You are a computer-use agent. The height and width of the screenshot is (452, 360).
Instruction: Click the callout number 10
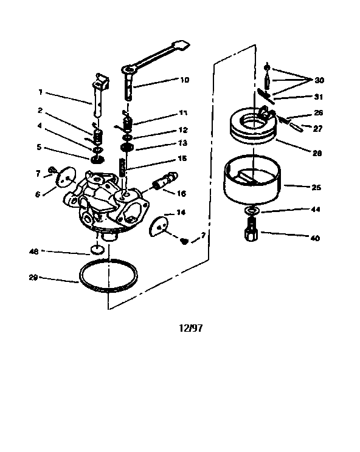[x=184, y=80]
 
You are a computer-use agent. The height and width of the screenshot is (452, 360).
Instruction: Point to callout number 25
[x=316, y=188]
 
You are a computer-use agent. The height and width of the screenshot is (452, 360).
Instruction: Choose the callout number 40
[x=316, y=238]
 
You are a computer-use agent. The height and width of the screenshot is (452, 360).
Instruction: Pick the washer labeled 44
[x=251, y=211]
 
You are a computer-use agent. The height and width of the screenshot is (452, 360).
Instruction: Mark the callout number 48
[x=33, y=251]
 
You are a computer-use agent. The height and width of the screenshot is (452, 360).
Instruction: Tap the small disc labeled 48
[x=95, y=250]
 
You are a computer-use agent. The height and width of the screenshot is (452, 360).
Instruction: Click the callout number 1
[x=40, y=92]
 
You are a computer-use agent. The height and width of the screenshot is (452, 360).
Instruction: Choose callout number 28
[x=316, y=154]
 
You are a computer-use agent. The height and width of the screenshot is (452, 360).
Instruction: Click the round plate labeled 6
[x=63, y=177]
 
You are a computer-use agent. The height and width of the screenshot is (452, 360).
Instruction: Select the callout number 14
[x=181, y=212]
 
